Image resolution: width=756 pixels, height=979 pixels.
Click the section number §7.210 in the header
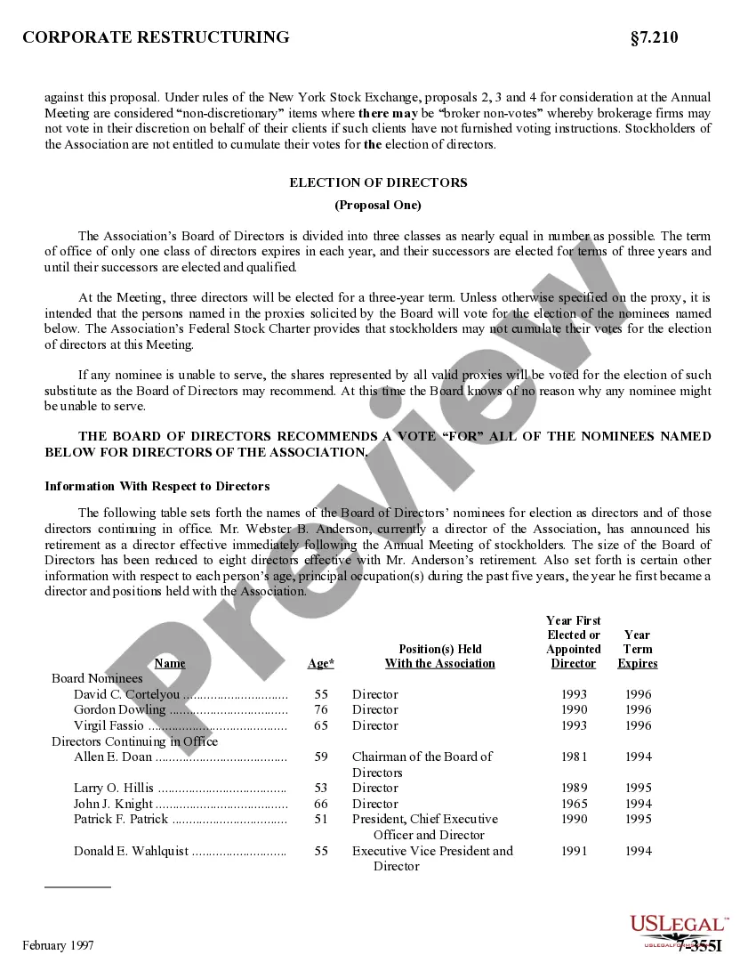[x=654, y=37]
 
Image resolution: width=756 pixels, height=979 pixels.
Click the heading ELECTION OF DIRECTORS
[x=378, y=182]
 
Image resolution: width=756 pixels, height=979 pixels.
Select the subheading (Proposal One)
[x=378, y=205]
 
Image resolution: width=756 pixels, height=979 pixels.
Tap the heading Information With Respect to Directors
[x=157, y=486]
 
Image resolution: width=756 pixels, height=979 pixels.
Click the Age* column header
[x=321, y=663]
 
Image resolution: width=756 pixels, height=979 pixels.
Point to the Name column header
[x=170, y=663]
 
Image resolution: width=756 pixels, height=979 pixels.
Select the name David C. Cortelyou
[x=127, y=694]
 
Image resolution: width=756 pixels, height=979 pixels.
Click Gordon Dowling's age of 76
[x=321, y=710]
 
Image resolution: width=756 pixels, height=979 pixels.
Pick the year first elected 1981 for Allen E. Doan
[x=575, y=756]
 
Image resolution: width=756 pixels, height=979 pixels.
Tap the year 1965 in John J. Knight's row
[x=575, y=804]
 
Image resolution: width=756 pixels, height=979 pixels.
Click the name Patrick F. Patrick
[x=121, y=819]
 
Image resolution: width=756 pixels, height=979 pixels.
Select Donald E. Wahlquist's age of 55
[x=321, y=851]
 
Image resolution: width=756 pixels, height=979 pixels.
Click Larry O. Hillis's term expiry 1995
[x=638, y=788]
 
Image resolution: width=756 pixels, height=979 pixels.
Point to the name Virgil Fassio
[x=109, y=725]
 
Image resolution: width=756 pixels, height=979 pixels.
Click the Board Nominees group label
[x=97, y=678]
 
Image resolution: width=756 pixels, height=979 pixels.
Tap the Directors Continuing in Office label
[x=134, y=741]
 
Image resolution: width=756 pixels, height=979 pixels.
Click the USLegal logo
[x=679, y=926]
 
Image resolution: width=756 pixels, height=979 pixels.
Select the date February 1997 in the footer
[x=58, y=945]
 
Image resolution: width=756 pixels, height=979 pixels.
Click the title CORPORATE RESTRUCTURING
[x=156, y=37]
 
